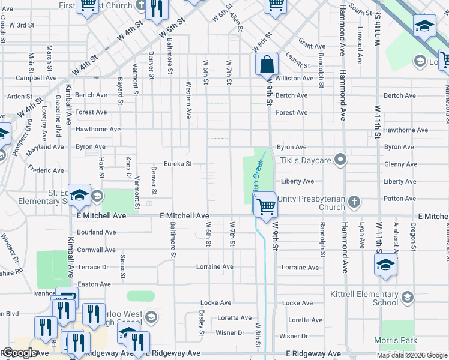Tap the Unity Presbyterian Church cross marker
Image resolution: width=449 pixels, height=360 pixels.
pyautogui.click(x=354, y=202)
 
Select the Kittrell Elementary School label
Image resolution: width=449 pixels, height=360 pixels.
pyautogui.click(x=364, y=298)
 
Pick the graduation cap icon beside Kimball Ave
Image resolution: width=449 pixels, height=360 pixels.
pyautogui.click(x=79, y=194)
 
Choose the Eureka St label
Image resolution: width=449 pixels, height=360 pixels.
pyautogui.click(x=178, y=164)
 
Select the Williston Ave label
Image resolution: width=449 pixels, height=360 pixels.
pyautogui.click(x=294, y=78)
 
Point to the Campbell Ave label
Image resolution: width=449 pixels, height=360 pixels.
pyautogui.click(x=36, y=78)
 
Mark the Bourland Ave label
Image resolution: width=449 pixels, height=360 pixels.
pyautogui.click(x=96, y=232)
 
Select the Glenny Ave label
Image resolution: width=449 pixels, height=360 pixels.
pyautogui.click(x=400, y=164)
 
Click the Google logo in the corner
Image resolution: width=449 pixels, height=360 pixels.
pyautogui.click(x=20, y=353)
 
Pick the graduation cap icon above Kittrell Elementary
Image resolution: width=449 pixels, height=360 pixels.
pyautogui.click(x=385, y=265)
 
